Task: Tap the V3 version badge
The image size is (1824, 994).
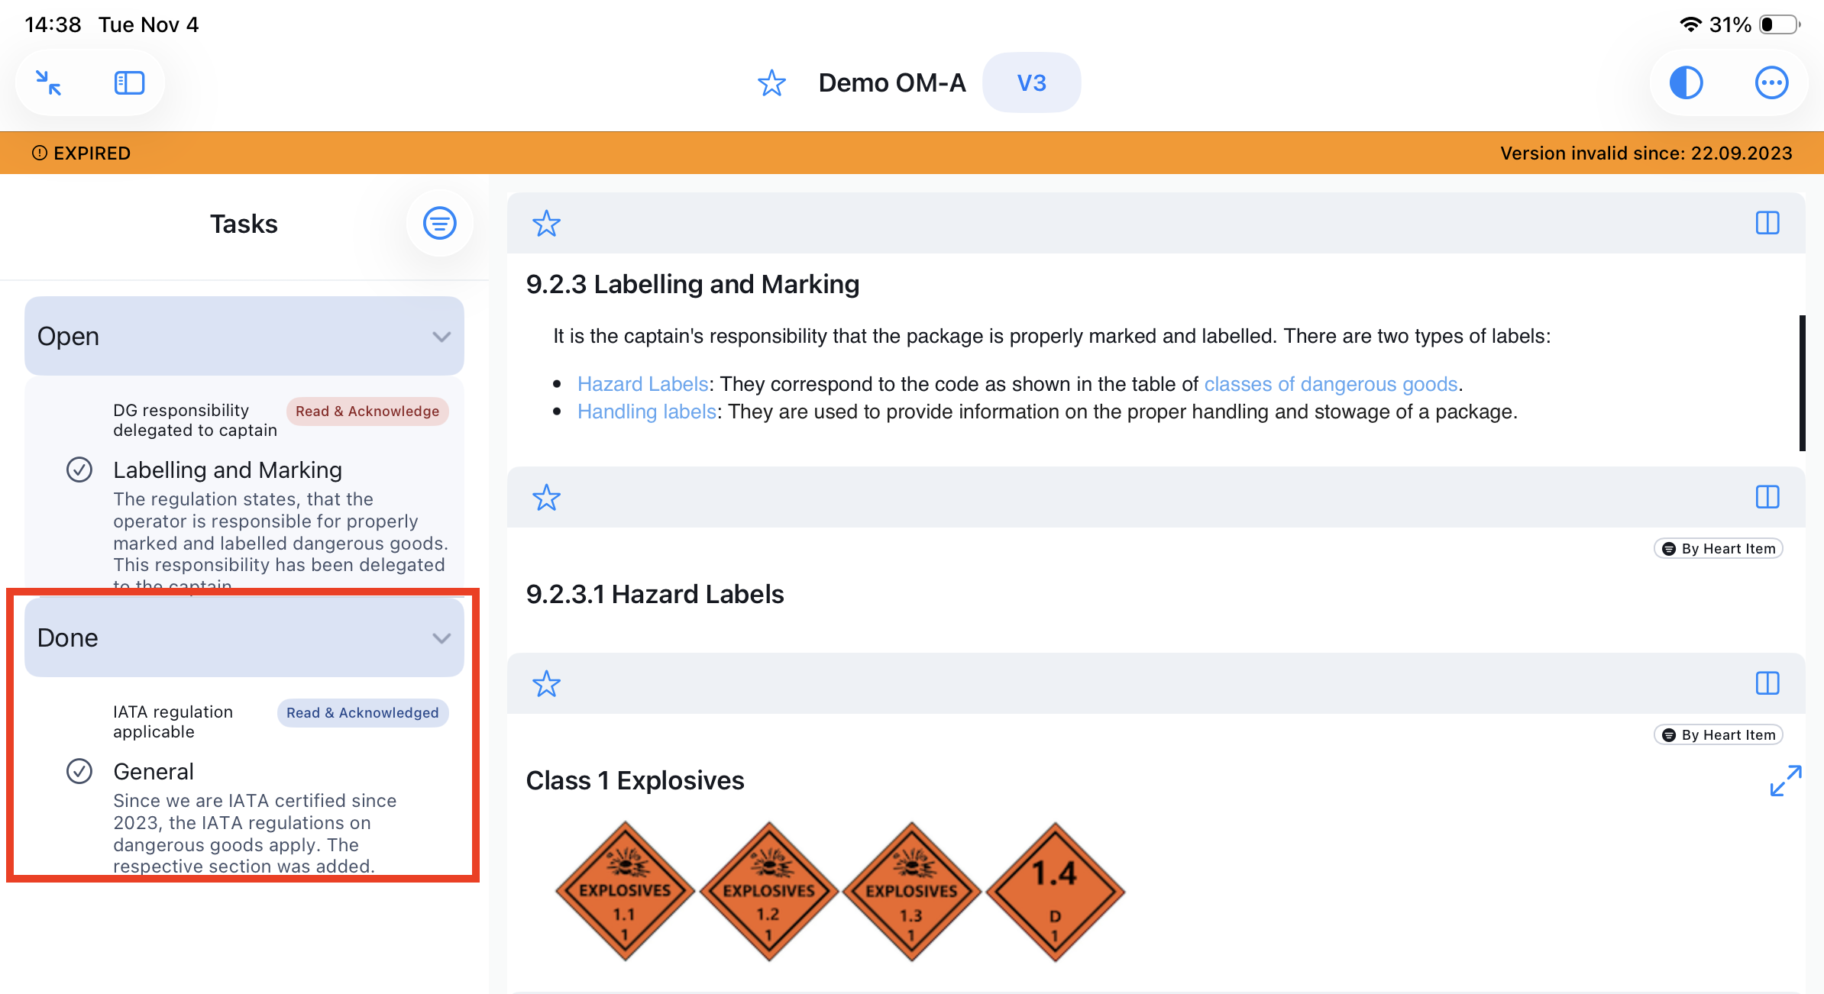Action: tap(1031, 82)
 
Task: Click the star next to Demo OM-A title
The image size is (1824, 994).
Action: tap(771, 82)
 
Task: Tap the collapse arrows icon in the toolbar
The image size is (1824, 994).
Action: tap(49, 82)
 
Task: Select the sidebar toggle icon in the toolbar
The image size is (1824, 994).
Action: tap(129, 82)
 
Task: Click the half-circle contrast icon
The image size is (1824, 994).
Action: tap(1686, 82)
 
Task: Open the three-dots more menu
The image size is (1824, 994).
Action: tap(1771, 82)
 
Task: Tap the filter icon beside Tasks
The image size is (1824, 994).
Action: tap(440, 223)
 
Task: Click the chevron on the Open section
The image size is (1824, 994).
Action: tap(441, 337)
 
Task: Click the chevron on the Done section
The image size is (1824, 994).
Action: tap(441, 638)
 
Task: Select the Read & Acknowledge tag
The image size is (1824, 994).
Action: tap(367, 411)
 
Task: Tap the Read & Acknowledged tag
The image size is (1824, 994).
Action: tap(363, 713)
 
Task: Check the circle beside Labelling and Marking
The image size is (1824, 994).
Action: tap(79, 470)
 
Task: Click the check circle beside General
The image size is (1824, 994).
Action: tap(79, 771)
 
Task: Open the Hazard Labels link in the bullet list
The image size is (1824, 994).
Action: tap(643, 384)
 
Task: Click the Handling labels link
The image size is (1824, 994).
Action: tap(647, 411)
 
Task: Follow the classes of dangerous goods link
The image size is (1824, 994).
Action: tap(1331, 384)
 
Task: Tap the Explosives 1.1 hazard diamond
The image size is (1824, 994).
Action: tap(625, 891)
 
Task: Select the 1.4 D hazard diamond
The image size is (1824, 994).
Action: tap(1055, 891)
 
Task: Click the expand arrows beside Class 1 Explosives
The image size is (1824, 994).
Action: tap(1786, 780)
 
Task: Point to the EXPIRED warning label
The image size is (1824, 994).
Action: tap(81, 153)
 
